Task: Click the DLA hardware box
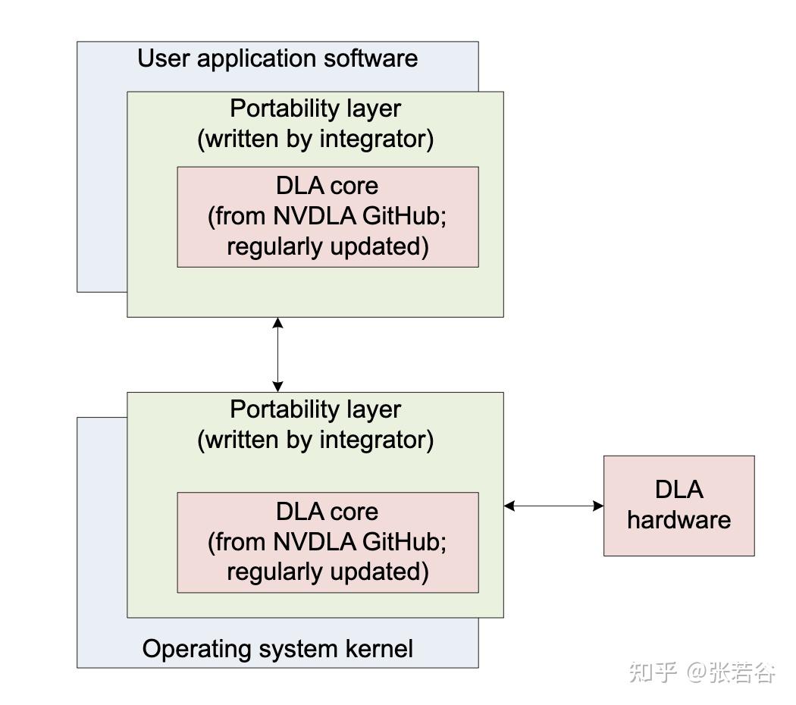[678, 505]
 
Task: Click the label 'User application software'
[277, 58]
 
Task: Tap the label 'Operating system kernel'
[277, 649]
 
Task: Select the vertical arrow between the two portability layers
[278, 354]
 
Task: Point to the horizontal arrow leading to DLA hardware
[553, 506]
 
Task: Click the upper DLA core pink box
[327, 217]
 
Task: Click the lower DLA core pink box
[327, 542]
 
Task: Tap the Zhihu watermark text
[702, 672]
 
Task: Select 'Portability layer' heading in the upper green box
[315, 108]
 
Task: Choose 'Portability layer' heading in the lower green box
[315, 409]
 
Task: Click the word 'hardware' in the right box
[678, 521]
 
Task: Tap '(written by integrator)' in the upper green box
[315, 139]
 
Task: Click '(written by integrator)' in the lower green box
[315, 440]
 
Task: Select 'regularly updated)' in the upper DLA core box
[327, 247]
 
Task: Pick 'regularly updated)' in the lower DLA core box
[327, 572]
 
